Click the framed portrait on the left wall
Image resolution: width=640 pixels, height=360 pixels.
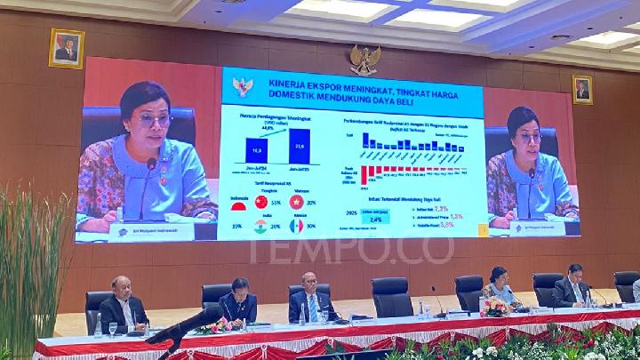coord(66,48)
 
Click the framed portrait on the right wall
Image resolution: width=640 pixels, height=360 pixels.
coord(582,90)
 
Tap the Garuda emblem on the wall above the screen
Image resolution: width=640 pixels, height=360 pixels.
coord(364,60)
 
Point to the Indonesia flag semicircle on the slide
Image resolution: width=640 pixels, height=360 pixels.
coord(238,206)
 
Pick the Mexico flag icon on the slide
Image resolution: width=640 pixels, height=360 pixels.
coord(296,226)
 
